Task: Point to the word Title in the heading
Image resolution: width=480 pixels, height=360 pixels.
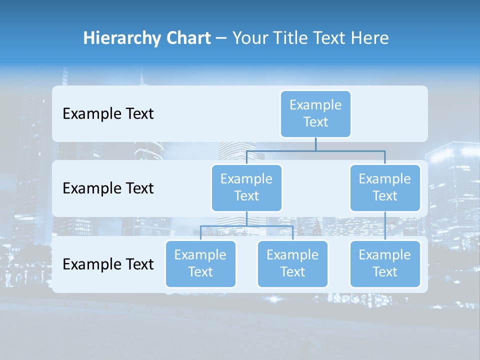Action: (x=292, y=38)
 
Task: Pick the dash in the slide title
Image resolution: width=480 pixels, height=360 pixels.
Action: (x=221, y=38)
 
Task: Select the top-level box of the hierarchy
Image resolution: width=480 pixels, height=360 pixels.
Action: (x=315, y=114)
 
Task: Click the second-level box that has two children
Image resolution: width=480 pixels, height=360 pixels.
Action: (x=246, y=188)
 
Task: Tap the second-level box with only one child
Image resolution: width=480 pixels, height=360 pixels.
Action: (x=385, y=188)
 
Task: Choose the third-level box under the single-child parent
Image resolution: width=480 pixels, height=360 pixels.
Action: (x=385, y=264)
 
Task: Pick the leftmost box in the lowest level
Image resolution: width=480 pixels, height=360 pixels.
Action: (x=200, y=264)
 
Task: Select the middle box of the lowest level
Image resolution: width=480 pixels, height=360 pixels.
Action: (x=292, y=264)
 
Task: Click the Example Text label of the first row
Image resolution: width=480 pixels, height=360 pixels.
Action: (x=108, y=114)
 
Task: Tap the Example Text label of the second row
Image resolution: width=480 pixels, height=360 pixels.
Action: (x=108, y=188)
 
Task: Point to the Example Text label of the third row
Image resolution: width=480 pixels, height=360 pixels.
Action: (x=108, y=264)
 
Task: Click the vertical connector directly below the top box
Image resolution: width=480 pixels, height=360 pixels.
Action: (x=315, y=144)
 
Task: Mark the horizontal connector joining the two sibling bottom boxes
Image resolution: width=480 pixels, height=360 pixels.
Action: (x=225, y=226)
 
